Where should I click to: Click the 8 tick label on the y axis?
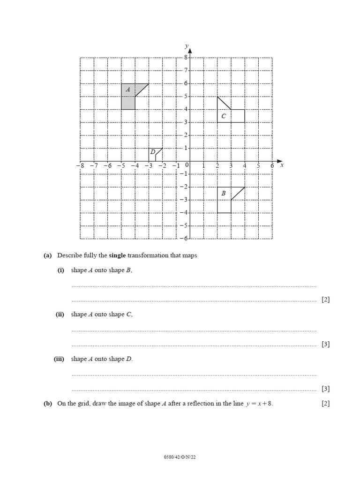click(185, 57)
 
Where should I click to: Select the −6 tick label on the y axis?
click(184, 238)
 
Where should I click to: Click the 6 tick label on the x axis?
click(272, 165)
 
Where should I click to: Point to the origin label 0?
click(187, 165)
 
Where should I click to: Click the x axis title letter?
click(282, 165)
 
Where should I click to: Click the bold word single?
click(118, 255)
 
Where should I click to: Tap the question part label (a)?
click(47, 255)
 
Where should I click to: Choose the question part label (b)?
click(47, 403)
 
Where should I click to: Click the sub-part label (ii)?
click(60, 315)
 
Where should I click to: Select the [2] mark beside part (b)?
click(325, 403)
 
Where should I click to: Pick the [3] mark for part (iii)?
click(325, 389)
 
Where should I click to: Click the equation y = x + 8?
click(259, 404)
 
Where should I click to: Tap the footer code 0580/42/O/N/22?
click(180, 457)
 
